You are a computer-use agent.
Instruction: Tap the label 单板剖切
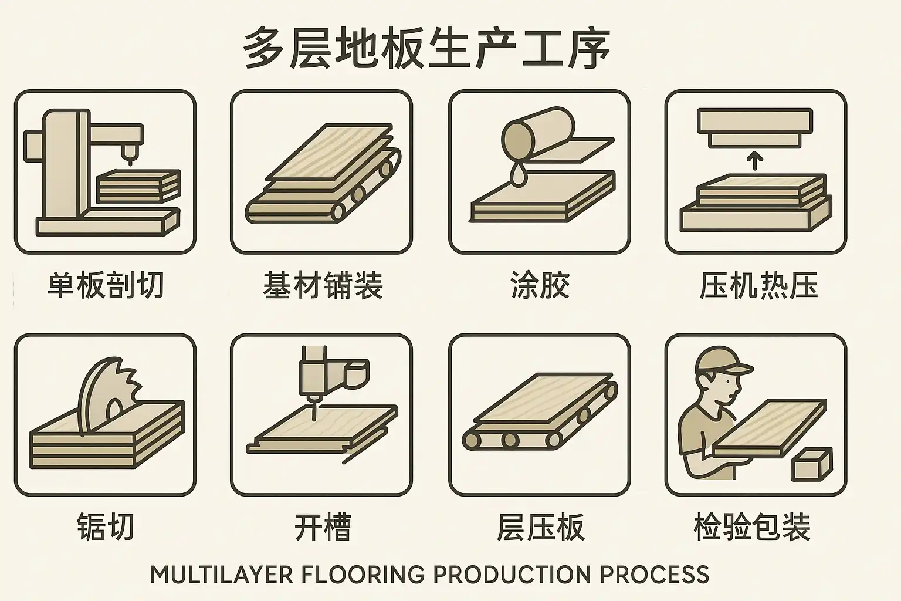(x=106, y=285)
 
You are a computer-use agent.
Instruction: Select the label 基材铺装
(x=323, y=285)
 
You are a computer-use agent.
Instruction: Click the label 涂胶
(x=540, y=285)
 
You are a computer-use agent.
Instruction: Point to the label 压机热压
(x=758, y=285)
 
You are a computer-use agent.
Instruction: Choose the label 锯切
(x=106, y=526)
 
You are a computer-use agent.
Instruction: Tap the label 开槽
(x=323, y=526)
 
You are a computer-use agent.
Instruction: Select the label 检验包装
(x=752, y=526)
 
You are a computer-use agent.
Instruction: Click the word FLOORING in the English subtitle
(x=363, y=575)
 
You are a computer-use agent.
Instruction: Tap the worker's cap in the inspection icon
(x=723, y=362)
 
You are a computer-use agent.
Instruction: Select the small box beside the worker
(x=812, y=464)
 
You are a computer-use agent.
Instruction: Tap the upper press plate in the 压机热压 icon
(x=754, y=126)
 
